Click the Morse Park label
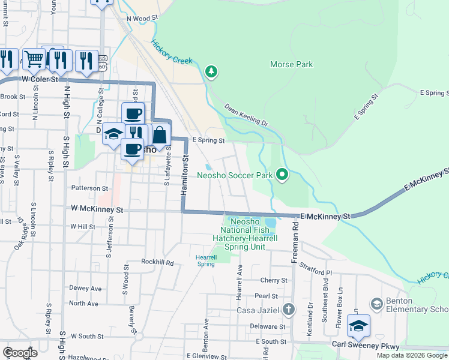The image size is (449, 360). click(292, 64)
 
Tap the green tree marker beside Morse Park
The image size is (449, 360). click(211, 72)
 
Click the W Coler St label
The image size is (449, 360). click(40, 79)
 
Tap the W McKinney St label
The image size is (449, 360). click(97, 210)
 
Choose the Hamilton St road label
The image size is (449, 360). click(185, 174)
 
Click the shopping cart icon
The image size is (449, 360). click(35, 58)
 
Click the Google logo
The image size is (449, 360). click(20, 353)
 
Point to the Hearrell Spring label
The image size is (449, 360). click(206, 260)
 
